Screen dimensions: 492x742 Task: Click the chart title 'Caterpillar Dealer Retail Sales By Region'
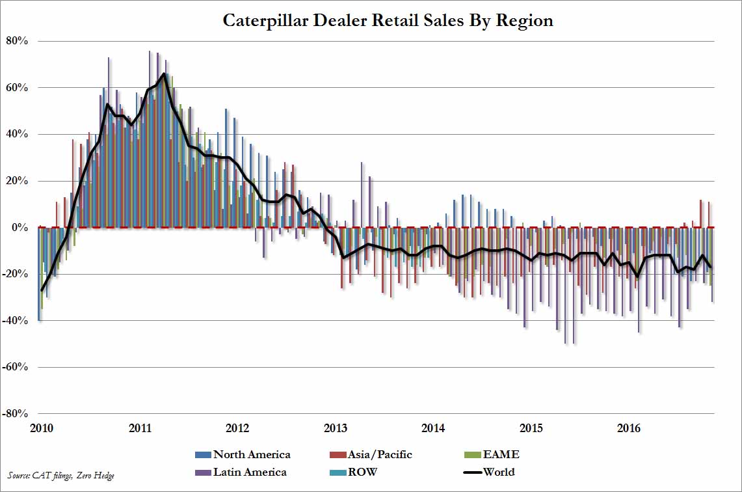pyautogui.click(x=388, y=21)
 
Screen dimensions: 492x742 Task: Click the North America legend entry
pyautogui.click(x=252, y=454)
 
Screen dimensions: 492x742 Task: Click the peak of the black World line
pyautogui.click(x=163, y=74)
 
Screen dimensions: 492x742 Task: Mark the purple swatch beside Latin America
pyautogui.click(x=203, y=472)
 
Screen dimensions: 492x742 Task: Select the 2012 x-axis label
pyautogui.click(x=237, y=428)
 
